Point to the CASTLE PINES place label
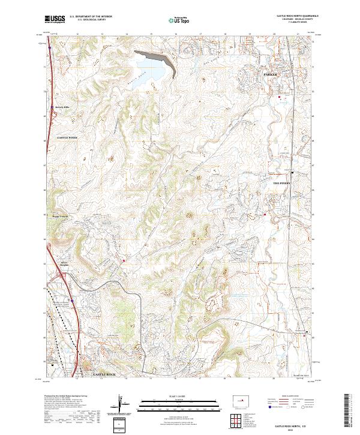(x=67, y=138)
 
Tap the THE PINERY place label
(x=281, y=184)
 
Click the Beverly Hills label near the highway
(x=63, y=108)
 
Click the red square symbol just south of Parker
(x=279, y=97)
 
